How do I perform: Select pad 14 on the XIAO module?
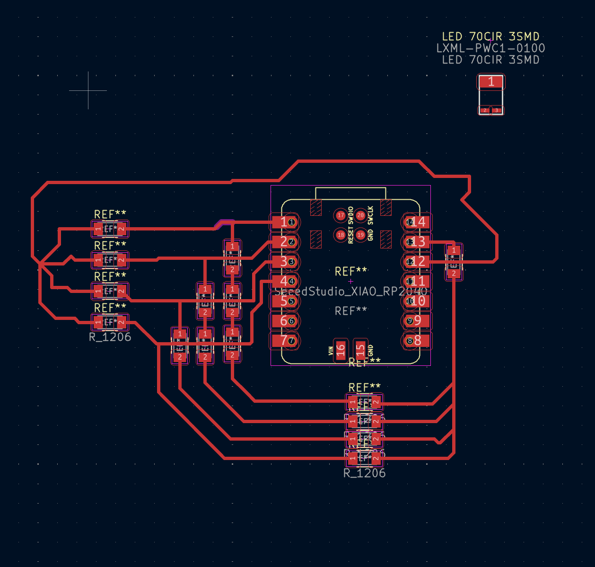[x=417, y=222]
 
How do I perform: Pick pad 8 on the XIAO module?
[x=417, y=340]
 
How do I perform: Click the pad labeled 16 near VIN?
[x=341, y=350]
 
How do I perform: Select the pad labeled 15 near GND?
[x=360, y=350]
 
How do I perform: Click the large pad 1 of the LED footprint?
[x=491, y=82]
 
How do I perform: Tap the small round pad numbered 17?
[x=341, y=215]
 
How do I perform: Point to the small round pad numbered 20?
[x=360, y=215]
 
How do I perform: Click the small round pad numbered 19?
[x=360, y=235]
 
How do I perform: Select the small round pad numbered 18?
[x=341, y=235]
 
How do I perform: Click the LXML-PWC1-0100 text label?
[x=490, y=48]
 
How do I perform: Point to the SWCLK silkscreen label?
[x=370, y=215]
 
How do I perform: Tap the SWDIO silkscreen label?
[x=350, y=215]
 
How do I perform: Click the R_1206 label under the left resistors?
[x=110, y=337]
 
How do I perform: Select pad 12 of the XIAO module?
[x=417, y=261]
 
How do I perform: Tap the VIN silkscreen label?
[x=331, y=351]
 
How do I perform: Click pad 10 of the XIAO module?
[x=417, y=301]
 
